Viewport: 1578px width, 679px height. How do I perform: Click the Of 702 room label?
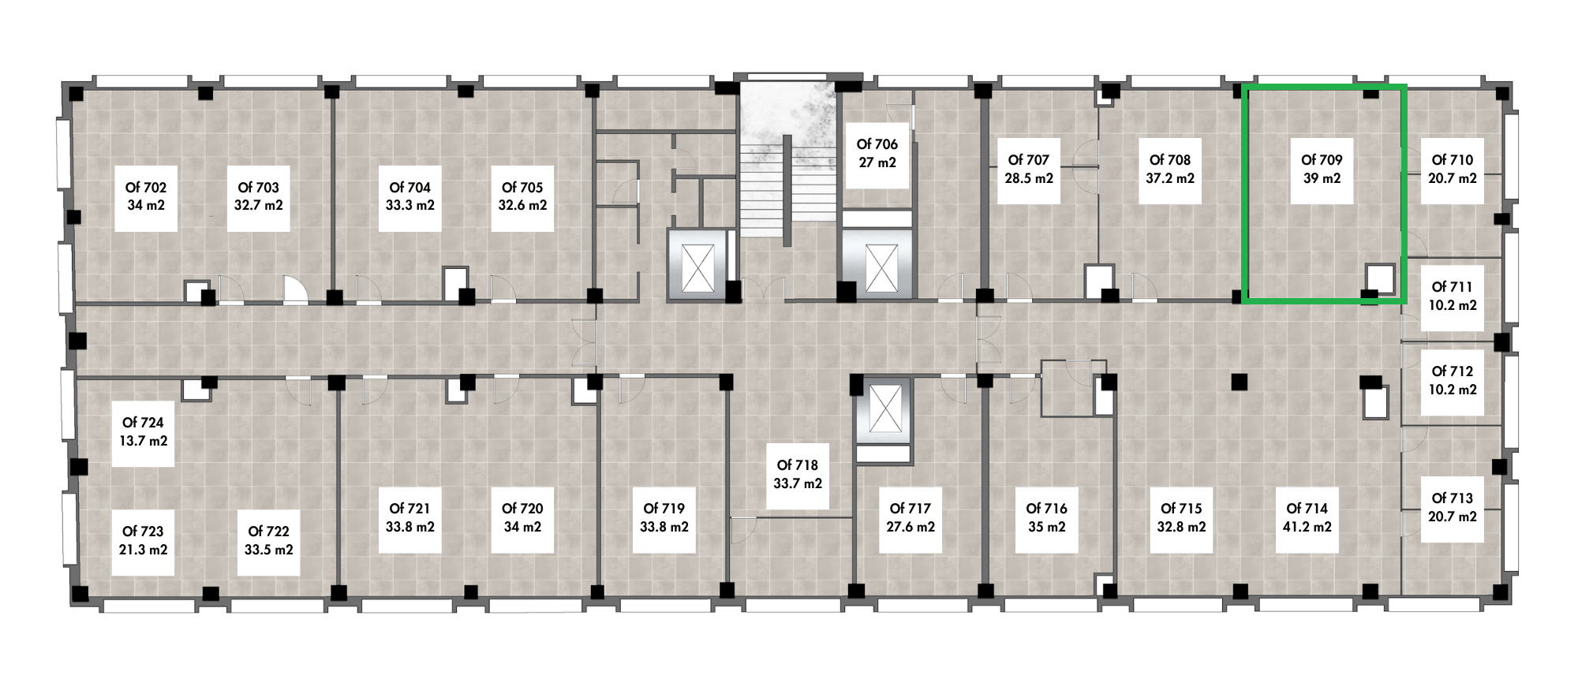pyautogui.click(x=146, y=188)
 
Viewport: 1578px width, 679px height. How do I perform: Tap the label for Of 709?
pyautogui.click(x=1322, y=160)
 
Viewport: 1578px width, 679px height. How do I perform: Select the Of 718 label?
pyautogui.click(x=798, y=465)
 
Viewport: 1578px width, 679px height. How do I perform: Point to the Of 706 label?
pyautogui.click(x=877, y=144)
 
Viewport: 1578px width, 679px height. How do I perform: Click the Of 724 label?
pyautogui.click(x=143, y=423)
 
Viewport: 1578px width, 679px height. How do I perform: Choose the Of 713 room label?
pyautogui.click(x=1453, y=498)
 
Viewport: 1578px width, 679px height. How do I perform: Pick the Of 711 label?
pyautogui.click(x=1453, y=287)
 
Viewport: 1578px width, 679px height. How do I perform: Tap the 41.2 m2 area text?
pyautogui.click(x=1307, y=527)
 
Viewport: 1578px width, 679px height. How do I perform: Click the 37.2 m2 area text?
pyautogui.click(x=1170, y=178)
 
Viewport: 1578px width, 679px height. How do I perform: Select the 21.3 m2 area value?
pyautogui.click(x=143, y=550)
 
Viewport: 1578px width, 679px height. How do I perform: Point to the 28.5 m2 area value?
pyautogui.click(x=1029, y=178)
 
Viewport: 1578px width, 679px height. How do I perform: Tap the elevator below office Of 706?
pyautogui.click(x=877, y=265)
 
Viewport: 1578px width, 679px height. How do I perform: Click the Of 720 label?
pyautogui.click(x=522, y=509)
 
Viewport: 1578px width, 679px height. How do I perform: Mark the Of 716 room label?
pyautogui.click(x=1046, y=509)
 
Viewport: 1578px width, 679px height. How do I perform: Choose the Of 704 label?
pyautogui.click(x=410, y=188)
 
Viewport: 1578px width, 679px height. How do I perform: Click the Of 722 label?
pyautogui.click(x=269, y=532)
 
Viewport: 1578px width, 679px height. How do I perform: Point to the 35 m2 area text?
pyautogui.click(x=1046, y=527)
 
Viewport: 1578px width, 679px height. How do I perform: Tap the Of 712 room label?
pyautogui.click(x=1453, y=371)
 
